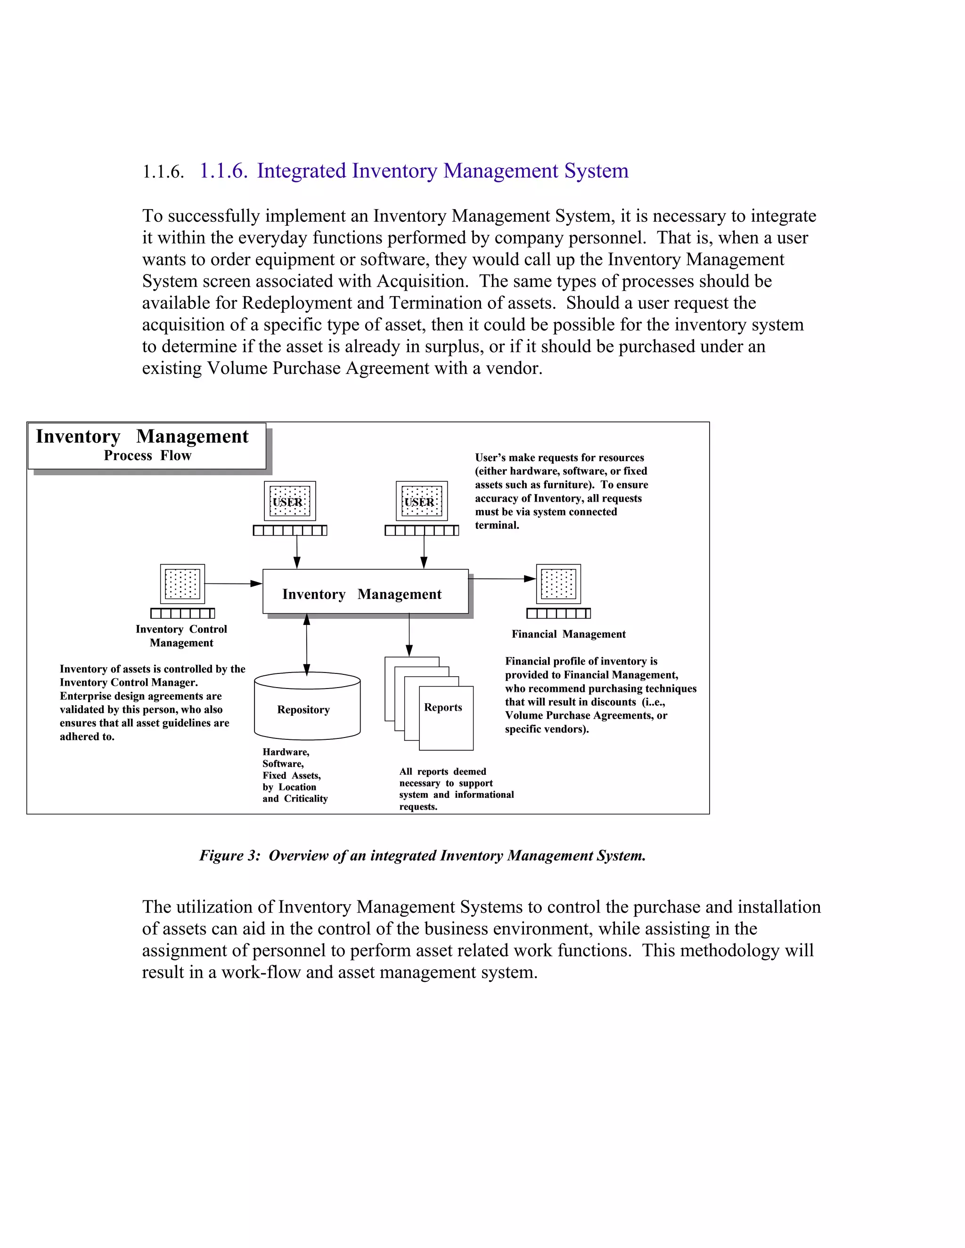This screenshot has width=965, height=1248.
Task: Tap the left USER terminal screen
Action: coord(290,501)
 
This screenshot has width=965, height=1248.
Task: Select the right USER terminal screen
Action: coord(422,501)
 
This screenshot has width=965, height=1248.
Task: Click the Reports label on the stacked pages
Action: coord(443,707)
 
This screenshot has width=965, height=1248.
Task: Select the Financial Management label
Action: coord(568,634)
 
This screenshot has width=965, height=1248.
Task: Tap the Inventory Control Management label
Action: coord(181,635)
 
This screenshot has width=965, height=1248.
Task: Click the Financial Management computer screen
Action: coord(558,583)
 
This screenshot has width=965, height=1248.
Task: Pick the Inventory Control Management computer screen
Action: coord(182,583)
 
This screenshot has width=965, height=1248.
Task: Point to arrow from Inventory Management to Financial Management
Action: coord(501,579)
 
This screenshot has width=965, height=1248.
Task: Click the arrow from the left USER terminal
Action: coord(297,551)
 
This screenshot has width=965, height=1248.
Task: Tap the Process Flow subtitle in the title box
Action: coord(147,455)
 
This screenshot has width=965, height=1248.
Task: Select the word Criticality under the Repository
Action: coord(306,799)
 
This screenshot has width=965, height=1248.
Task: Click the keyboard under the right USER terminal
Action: coord(422,531)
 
